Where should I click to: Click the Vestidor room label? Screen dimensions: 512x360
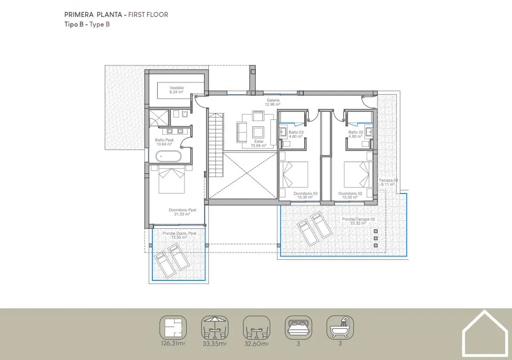click(177, 88)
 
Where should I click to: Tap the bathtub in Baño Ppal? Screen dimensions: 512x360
click(168, 156)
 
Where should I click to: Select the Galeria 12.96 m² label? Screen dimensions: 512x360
click(273, 102)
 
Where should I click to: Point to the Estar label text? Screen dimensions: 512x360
click(259, 141)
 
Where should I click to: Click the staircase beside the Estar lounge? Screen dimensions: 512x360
click(216, 145)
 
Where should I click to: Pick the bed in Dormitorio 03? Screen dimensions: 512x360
click(294, 174)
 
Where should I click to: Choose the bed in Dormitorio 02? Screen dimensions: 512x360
click(358, 174)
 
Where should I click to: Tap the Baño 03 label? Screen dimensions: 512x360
click(296, 132)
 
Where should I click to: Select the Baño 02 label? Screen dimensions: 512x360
click(356, 132)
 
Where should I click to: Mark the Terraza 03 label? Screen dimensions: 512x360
click(388, 180)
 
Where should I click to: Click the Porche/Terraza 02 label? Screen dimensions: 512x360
click(358, 219)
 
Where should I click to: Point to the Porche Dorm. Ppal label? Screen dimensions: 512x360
click(179, 233)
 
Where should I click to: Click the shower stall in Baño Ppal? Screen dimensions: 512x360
click(159, 118)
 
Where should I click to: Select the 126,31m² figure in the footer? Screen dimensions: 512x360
click(173, 344)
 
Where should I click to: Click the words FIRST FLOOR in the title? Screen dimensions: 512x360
click(148, 15)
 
